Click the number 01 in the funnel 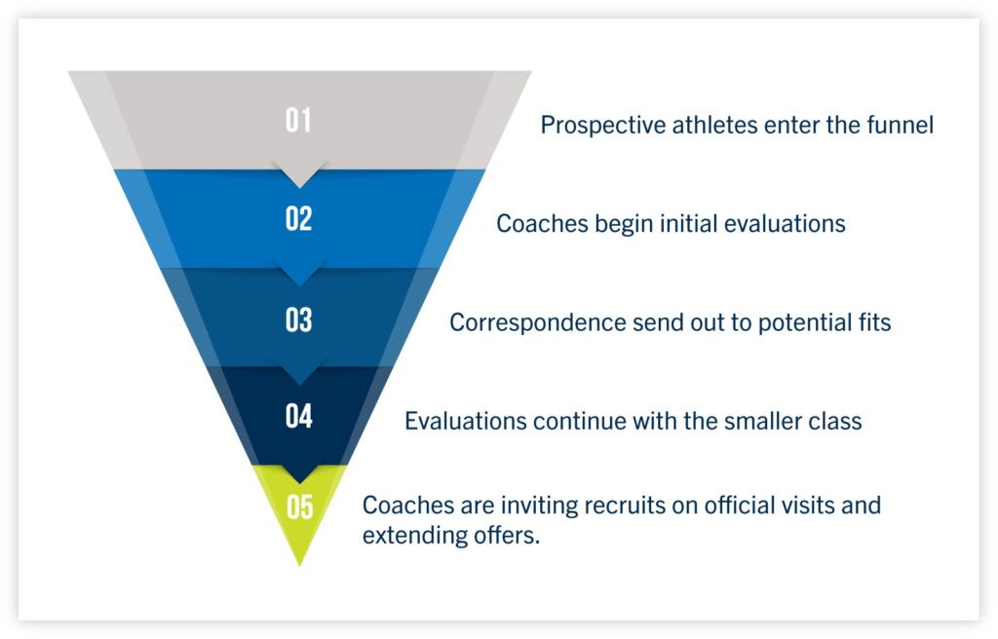pos(298,121)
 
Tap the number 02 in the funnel pos(298,219)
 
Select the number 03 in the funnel pos(298,319)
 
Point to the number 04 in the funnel pos(298,416)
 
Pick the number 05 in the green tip pos(299,507)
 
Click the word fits pos(872,321)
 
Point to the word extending pos(408,536)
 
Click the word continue pos(578,422)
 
